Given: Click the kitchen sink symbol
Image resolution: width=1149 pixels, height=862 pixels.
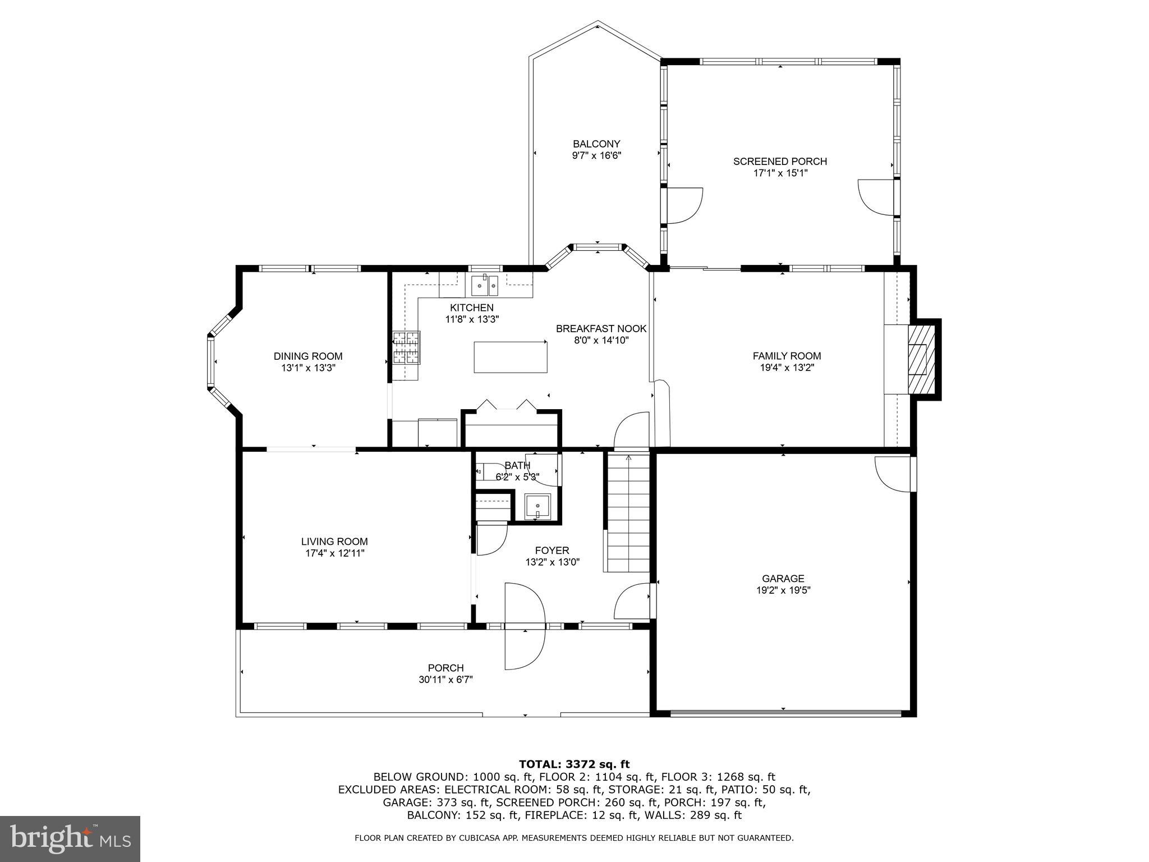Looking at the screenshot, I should tap(485, 285).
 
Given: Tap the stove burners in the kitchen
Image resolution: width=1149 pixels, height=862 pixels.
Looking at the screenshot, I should tap(406, 347).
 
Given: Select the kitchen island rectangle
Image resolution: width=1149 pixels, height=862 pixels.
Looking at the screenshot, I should tap(510, 357).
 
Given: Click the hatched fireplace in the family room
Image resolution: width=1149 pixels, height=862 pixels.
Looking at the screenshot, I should tap(922, 359).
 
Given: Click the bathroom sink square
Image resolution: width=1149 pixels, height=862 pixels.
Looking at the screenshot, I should tap(537, 507).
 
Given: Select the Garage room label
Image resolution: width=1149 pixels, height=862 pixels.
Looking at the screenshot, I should tap(783, 578).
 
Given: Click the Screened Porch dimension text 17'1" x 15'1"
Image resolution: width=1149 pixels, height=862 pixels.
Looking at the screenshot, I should tap(780, 173).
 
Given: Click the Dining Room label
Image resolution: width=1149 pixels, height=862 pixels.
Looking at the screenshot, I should tap(307, 356).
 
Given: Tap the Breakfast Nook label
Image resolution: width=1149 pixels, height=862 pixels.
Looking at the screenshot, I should tap(601, 328).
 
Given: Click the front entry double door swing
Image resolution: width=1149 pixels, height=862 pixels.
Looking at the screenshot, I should tap(525, 626).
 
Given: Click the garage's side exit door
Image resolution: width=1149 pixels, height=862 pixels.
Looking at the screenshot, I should tap(893, 474).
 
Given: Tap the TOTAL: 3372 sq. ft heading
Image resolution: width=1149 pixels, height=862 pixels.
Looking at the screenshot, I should tap(574, 764).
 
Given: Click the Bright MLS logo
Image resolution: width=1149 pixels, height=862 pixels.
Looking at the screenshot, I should tap(70, 838).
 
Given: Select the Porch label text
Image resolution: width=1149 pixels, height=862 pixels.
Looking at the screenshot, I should tap(445, 668).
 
